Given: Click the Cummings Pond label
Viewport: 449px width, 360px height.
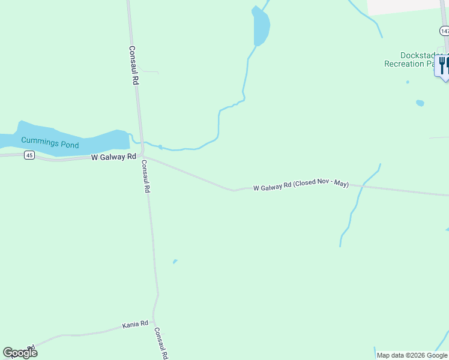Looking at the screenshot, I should (50, 141).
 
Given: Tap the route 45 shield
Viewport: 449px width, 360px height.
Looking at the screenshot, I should (29, 155).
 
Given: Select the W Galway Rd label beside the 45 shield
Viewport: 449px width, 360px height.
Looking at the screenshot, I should (113, 157).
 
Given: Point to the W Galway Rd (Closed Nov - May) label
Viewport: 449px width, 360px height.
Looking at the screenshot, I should (301, 187).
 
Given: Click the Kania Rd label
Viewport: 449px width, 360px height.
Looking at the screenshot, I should (135, 325).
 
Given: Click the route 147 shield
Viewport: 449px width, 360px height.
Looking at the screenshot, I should (444, 31).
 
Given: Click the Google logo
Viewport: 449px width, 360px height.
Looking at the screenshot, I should (20, 352).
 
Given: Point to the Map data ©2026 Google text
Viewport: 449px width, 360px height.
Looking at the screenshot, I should (412, 355).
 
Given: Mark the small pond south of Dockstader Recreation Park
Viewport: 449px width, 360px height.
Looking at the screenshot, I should (420, 103).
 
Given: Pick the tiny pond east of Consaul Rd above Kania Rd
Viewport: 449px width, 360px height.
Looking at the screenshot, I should (175, 261).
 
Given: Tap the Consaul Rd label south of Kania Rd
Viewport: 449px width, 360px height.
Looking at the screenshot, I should (161, 343).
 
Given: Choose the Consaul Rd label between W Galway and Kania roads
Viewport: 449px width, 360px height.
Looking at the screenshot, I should (145, 175).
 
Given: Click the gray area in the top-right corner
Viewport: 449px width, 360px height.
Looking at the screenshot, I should (405, 6).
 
